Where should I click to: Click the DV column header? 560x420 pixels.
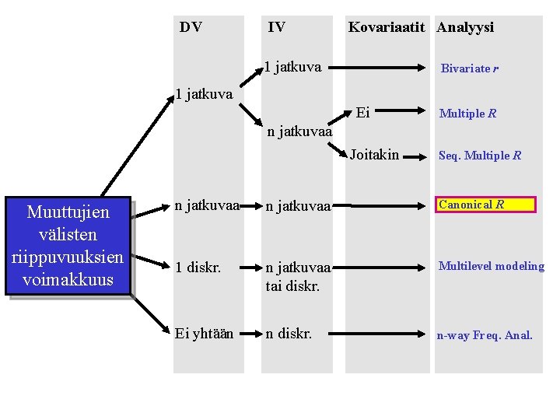click(x=191, y=27)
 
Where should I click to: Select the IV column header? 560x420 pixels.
click(x=276, y=27)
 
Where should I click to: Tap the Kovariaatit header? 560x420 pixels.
click(x=387, y=27)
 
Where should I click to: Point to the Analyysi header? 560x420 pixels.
click(x=465, y=27)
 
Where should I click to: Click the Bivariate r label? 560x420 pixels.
click(x=469, y=68)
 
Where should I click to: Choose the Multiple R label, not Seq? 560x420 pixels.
click(x=467, y=114)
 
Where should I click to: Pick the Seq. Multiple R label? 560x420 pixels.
click(x=480, y=156)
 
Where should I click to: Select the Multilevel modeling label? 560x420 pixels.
click(x=491, y=266)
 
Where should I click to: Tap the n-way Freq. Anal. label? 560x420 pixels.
click(x=485, y=336)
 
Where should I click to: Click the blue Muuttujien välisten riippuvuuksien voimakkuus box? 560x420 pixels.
click(x=68, y=246)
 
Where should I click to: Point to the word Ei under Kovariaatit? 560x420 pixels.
click(x=362, y=113)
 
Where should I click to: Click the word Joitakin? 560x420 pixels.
click(x=374, y=155)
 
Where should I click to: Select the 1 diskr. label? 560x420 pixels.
click(x=197, y=266)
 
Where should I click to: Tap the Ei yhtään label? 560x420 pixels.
click(x=204, y=334)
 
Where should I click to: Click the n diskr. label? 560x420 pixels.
click(x=289, y=334)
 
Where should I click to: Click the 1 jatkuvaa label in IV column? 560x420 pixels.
click(x=292, y=67)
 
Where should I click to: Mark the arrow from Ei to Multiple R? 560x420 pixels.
click(x=403, y=113)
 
